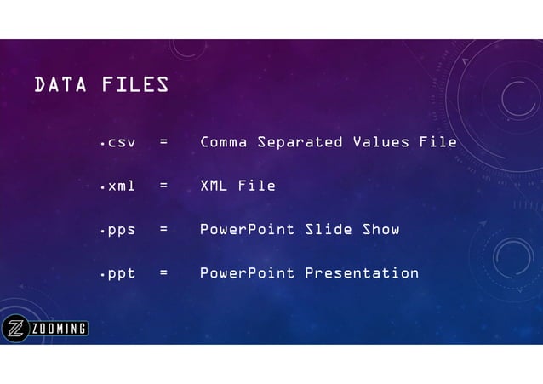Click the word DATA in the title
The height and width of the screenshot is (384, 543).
point(60,85)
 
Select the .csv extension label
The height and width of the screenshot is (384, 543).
point(117,142)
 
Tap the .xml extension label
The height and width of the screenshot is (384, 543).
point(117,186)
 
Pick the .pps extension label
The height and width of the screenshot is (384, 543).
point(117,230)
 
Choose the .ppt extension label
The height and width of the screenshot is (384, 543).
point(117,273)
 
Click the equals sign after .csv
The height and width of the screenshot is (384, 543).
point(163,142)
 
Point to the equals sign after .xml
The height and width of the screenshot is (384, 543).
point(163,186)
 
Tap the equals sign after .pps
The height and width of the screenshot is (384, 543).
point(163,230)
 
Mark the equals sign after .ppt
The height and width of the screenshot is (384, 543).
point(163,273)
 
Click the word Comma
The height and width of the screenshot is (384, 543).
point(224,142)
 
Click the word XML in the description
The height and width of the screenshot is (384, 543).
point(214,186)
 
